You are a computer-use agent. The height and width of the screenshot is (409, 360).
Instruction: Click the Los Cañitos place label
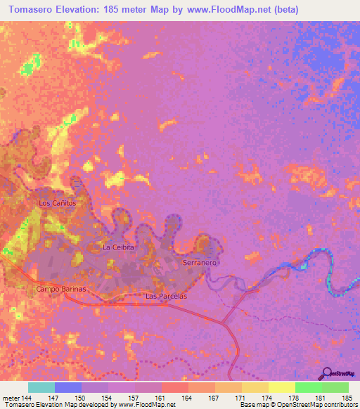point(56,202)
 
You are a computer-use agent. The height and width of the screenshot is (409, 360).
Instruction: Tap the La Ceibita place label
point(118,247)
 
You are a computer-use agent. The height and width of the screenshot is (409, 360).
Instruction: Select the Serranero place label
point(200,262)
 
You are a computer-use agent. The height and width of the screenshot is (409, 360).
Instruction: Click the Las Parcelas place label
point(166,297)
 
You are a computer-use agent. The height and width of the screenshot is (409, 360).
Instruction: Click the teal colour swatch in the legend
point(41,387)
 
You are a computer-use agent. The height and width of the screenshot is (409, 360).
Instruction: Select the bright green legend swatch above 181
point(308,387)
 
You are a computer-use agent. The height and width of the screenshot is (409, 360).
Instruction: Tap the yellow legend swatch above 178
point(281,387)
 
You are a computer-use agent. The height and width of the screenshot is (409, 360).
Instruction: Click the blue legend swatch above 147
point(68,387)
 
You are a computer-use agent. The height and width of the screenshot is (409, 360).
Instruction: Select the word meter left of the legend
point(10,396)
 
